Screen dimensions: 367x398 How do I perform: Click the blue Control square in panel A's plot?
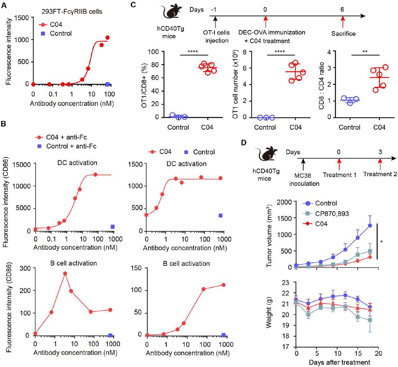(108, 84)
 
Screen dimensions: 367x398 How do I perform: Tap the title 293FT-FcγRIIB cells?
(72, 12)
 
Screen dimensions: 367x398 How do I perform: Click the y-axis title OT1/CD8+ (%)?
(144, 84)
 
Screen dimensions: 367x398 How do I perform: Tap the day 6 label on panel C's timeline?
(342, 10)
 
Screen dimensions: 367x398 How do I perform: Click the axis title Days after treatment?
(339, 362)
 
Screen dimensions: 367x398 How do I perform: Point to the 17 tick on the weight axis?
(286, 347)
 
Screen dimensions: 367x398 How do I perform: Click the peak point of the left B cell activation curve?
(65, 273)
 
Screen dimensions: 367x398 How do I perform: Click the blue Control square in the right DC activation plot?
(220, 215)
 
